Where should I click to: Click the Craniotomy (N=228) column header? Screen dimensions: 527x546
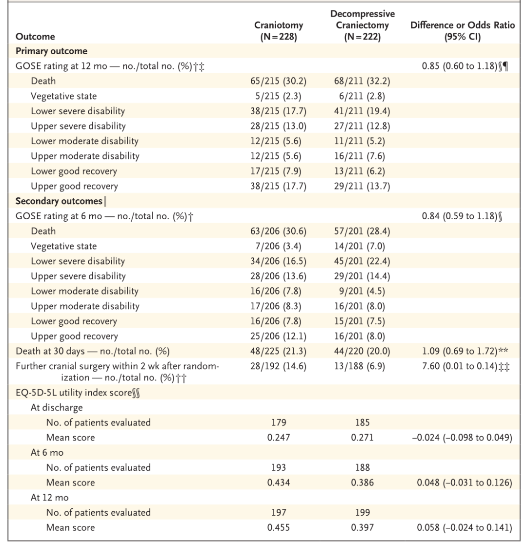(278, 31)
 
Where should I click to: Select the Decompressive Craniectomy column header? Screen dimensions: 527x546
(363, 25)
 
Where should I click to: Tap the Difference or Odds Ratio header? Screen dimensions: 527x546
(462, 31)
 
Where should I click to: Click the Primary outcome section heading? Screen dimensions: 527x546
(52, 51)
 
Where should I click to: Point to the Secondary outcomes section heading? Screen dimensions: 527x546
(59, 201)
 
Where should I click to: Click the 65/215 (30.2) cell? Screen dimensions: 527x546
(278, 81)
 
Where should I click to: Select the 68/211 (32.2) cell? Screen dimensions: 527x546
(362, 81)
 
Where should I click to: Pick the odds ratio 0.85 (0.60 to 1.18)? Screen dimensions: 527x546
(460, 66)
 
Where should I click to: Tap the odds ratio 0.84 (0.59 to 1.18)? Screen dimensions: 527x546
(460, 216)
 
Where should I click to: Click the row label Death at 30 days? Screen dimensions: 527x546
(50, 351)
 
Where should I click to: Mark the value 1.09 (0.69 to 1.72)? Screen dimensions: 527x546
(460, 351)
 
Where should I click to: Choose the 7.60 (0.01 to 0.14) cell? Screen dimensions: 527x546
(460, 366)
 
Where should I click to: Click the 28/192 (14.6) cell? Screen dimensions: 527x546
(278, 366)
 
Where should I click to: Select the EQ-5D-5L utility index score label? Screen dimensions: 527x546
(74, 393)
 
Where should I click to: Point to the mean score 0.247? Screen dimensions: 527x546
(278, 438)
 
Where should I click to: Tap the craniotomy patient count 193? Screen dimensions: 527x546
(278, 467)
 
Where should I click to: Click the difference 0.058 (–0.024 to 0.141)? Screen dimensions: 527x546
(465, 527)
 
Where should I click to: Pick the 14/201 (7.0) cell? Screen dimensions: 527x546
(362, 246)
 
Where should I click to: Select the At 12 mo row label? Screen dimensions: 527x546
(49, 497)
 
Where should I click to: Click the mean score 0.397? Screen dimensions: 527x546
(362, 527)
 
